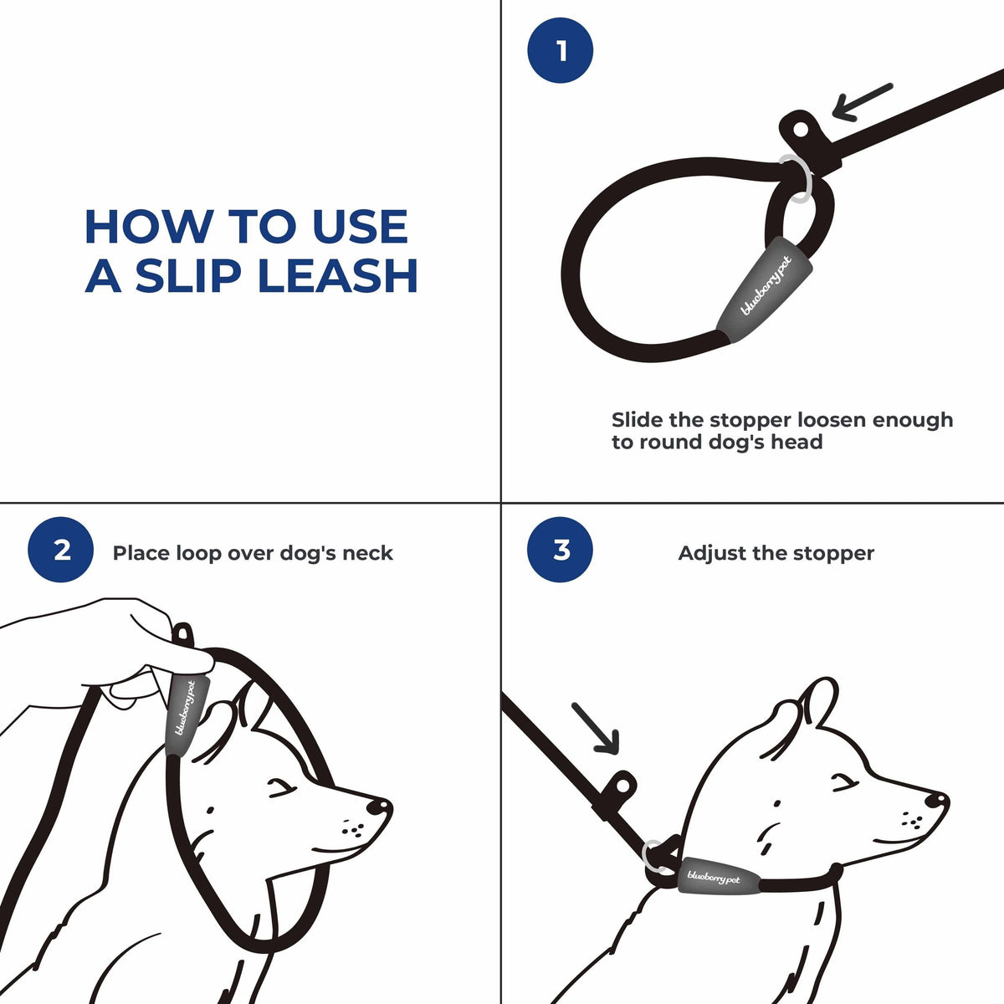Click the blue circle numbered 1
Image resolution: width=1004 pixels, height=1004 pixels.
coord(561,51)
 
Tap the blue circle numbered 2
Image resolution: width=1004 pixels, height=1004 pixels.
coord(61,551)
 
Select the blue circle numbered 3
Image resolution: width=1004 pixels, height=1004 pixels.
coord(561,551)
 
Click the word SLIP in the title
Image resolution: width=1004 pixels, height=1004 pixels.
coord(195,275)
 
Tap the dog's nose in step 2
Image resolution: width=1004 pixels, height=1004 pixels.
coord(379,807)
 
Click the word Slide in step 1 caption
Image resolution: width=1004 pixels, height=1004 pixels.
coord(638,419)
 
